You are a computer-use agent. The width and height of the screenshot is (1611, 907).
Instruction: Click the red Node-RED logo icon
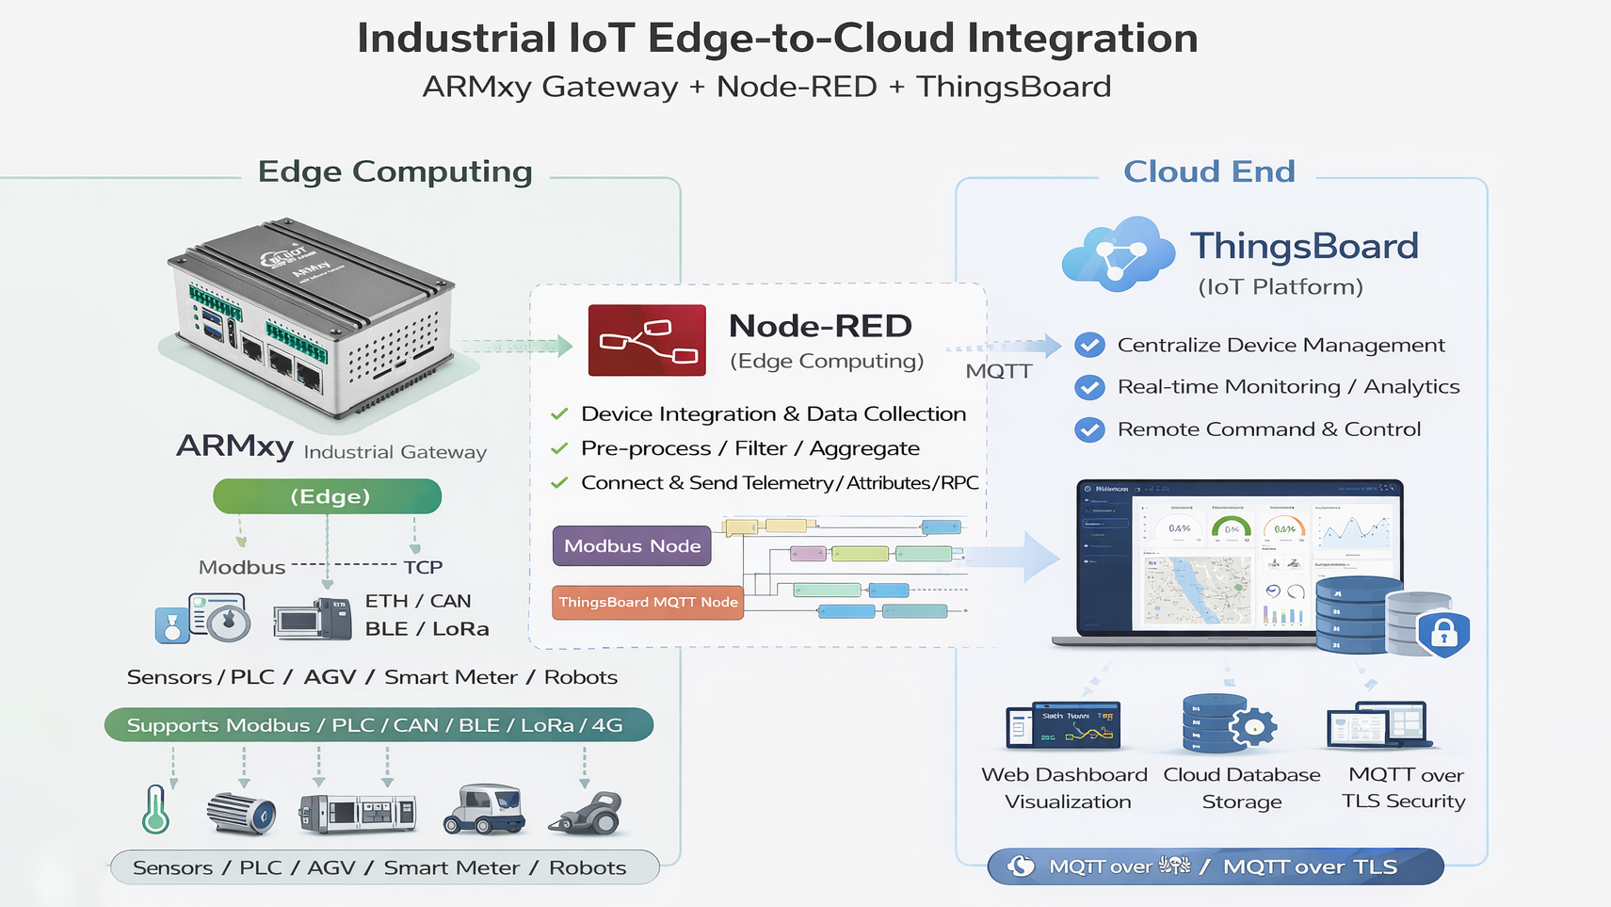click(x=647, y=340)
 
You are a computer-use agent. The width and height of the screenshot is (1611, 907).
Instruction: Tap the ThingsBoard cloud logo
click(x=1118, y=254)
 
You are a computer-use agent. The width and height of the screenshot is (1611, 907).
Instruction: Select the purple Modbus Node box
click(x=632, y=545)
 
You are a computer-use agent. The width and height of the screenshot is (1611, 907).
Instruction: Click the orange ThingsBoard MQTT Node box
click(x=648, y=602)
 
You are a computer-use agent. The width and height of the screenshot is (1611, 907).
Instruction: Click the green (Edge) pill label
click(x=328, y=496)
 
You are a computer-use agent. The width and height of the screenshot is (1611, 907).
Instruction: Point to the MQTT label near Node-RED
click(x=998, y=371)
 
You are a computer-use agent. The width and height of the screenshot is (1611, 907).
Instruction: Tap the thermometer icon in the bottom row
click(x=156, y=810)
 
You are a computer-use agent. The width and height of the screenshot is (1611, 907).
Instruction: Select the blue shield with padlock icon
click(x=1443, y=633)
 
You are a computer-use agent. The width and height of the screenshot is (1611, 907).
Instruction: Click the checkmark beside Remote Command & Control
click(x=1089, y=429)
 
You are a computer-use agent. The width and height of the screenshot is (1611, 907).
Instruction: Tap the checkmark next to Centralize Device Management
click(x=1089, y=345)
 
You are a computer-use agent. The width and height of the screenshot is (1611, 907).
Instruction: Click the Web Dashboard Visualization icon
click(x=1063, y=726)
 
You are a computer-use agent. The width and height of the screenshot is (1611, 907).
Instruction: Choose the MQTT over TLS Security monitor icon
click(x=1378, y=726)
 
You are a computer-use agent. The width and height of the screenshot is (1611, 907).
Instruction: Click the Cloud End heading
click(x=1209, y=171)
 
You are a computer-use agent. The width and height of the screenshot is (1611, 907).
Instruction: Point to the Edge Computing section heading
click(x=395, y=171)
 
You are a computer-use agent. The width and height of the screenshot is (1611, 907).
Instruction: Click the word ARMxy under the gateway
click(x=234, y=445)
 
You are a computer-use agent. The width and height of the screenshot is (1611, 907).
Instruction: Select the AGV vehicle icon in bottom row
click(x=484, y=810)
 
